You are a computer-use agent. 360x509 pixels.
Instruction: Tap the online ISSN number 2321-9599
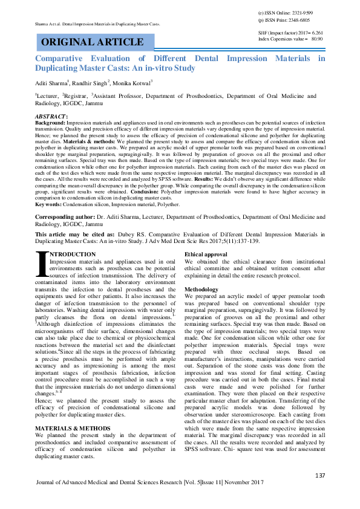[301, 12]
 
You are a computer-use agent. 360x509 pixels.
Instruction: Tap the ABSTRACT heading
[51, 115]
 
